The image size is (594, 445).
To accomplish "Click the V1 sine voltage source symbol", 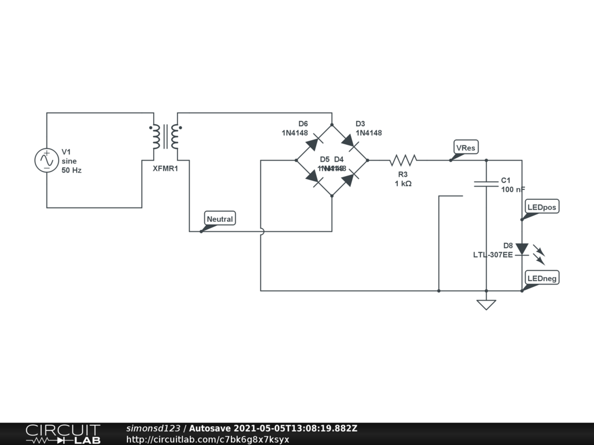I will [47, 161].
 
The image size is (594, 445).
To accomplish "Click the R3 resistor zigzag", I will [403, 160].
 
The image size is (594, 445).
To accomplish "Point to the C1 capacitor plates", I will [486, 184].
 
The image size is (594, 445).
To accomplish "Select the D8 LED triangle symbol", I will [521, 250].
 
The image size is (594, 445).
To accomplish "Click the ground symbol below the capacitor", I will [486, 304].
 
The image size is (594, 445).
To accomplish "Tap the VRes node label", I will [466, 148].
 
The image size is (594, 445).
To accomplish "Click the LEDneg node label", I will [542, 279].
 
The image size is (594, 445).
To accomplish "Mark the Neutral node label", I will [220, 219].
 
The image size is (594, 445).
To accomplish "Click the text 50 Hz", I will [72, 170].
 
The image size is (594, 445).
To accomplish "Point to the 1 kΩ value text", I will [403, 183].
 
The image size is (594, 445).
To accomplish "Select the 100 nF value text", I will [513, 189].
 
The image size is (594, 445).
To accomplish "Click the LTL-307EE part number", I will [492, 254].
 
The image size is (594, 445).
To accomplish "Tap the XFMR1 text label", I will [166, 169].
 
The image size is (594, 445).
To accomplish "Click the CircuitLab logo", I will [63, 434].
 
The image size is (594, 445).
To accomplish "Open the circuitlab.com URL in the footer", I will [207, 439].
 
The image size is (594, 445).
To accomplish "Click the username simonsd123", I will [153, 429].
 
